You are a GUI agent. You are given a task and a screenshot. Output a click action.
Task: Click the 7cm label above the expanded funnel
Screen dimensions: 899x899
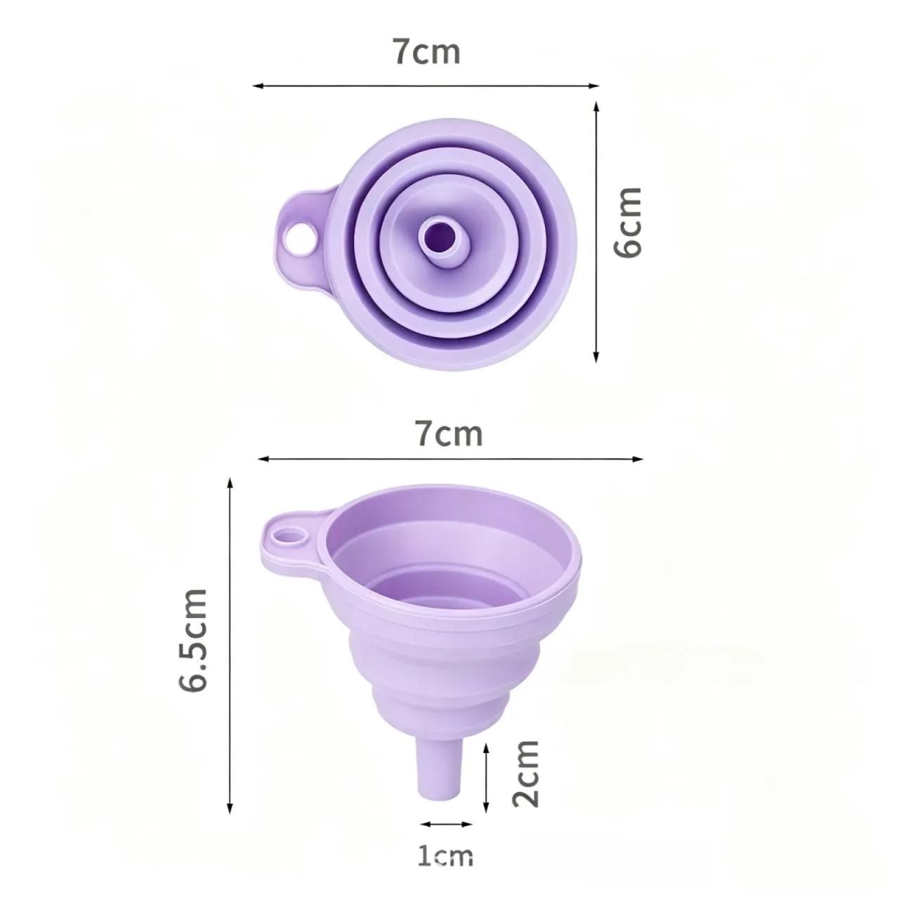tap(449, 433)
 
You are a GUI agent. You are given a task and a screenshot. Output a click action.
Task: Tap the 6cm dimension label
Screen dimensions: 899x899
tap(627, 222)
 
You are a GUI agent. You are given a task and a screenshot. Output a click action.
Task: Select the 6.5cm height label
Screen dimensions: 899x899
tap(192, 640)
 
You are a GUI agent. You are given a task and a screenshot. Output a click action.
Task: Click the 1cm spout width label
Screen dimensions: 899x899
tap(445, 856)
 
